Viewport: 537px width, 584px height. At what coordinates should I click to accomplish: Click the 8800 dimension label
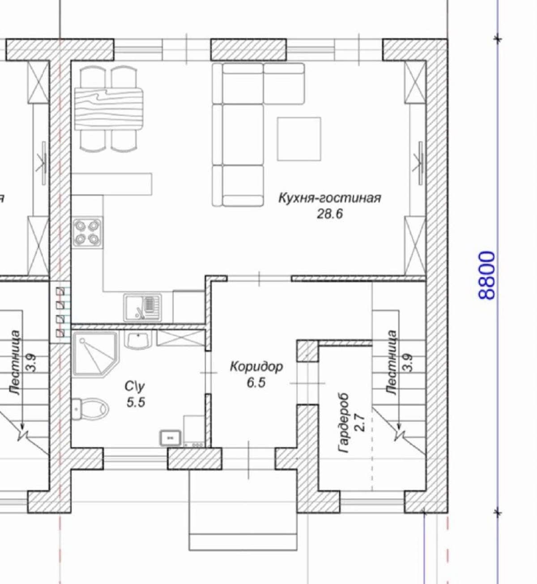pyautogui.click(x=486, y=275)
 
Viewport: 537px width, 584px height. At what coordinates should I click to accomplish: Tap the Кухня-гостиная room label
pyautogui.click(x=330, y=198)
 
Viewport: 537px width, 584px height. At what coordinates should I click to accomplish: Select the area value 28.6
pyautogui.click(x=330, y=214)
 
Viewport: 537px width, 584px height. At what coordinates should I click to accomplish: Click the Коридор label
pyautogui.click(x=256, y=367)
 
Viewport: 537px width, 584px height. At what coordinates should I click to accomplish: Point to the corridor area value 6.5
pyautogui.click(x=256, y=382)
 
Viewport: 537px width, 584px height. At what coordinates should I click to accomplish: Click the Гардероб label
pyautogui.click(x=344, y=423)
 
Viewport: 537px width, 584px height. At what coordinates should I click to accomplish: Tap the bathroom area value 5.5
pyautogui.click(x=136, y=403)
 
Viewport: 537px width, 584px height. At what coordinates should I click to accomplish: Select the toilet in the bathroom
pyautogui.click(x=90, y=409)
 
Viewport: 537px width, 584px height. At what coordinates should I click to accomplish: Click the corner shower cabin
pyautogui.click(x=96, y=354)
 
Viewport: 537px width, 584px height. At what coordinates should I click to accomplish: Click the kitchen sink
pyautogui.click(x=143, y=307)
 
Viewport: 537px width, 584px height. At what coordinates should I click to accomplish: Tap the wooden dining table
pyautogui.click(x=109, y=109)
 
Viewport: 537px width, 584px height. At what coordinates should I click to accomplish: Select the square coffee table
pyautogui.click(x=299, y=139)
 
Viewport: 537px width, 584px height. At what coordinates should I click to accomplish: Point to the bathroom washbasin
pyautogui.click(x=138, y=340)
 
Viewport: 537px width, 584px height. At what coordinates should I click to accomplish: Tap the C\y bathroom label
pyautogui.click(x=135, y=386)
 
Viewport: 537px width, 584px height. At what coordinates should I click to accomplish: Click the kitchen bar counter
pyautogui.click(x=112, y=184)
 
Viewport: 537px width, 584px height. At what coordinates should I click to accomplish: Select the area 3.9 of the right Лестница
pyautogui.click(x=409, y=363)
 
